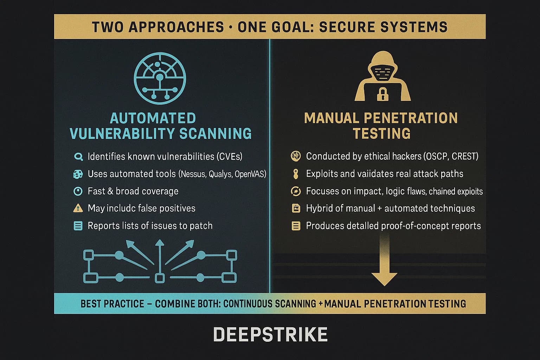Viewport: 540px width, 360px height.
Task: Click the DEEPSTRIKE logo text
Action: (270, 334)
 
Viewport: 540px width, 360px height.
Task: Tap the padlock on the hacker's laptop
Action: (382, 94)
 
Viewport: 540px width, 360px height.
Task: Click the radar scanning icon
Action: (160, 78)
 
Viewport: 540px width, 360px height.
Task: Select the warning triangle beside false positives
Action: (78, 208)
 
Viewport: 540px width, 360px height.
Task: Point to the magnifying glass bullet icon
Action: (78, 157)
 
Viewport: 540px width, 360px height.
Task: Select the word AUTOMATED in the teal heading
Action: (153, 118)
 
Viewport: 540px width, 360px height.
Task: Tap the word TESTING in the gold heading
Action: (381, 134)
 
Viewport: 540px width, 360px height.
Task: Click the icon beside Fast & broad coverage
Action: (78, 191)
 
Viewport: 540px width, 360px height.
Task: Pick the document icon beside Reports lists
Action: (78, 226)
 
